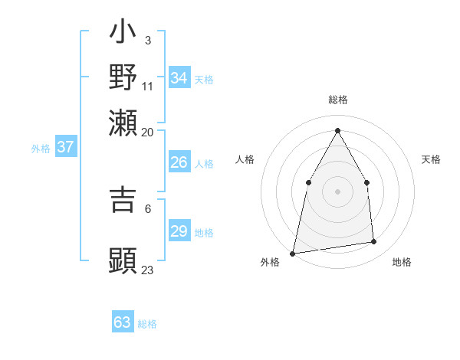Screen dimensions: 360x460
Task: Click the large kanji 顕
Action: (x=123, y=260)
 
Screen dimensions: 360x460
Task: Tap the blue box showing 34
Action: (x=179, y=78)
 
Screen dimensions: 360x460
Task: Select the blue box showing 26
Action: (x=179, y=162)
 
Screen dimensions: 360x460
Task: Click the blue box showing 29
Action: (x=179, y=231)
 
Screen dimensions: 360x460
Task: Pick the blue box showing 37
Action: (x=65, y=147)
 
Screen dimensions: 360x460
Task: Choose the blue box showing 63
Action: (x=123, y=322)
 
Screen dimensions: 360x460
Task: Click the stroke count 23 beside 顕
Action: (x=148, y=270)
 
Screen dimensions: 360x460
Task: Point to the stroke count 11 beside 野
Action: (x=148, y=85)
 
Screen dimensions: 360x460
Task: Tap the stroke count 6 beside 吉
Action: (x=148, y=208)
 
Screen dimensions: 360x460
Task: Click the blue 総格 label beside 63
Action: (x=147, y=324)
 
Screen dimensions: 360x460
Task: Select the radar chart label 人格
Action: (x=245, y=159)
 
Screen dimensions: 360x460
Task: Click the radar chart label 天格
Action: (x=431, y=159)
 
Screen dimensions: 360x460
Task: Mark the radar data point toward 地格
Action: (x=374, y=242)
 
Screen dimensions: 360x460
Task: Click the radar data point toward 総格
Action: (x=337, y=130)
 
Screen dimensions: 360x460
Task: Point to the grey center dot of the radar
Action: (x=337, y=191)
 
